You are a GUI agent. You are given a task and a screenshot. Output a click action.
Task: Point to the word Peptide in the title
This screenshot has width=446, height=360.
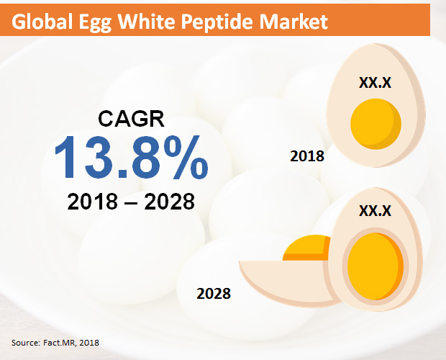(229, 22)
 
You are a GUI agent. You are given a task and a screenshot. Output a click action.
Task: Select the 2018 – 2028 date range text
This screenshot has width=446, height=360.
(131, 202)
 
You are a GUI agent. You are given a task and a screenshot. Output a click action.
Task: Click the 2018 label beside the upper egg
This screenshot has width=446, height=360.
(306, 156)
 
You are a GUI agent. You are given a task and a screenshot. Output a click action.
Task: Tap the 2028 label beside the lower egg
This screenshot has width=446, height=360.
(214, 293)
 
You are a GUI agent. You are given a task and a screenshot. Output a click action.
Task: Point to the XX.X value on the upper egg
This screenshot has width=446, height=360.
(375, 84)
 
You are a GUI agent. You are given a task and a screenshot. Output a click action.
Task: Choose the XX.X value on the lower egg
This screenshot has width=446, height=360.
(375, 210)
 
